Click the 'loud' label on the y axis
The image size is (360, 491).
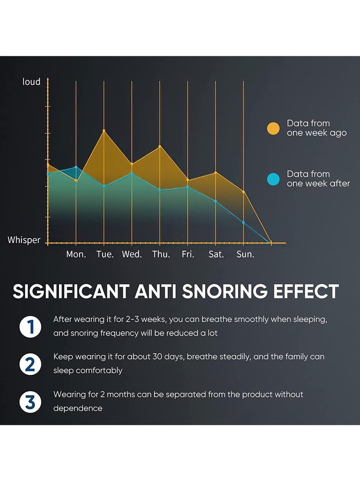(31, 81)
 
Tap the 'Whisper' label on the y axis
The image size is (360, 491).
(24, 240)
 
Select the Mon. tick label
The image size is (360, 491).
(76, 254)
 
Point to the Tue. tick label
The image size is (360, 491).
(105, 254)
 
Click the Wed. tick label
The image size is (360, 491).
(132, 254)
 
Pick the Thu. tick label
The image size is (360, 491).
(161, 254)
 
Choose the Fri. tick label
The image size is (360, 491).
(188, 254)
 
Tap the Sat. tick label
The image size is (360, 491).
(216, 254)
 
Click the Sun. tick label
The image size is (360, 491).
(245, 254)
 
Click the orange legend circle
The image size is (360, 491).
(273, 128)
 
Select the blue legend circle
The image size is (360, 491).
(273, 179)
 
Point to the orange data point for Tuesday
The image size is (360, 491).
(104, 131)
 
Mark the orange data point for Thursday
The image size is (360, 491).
(160, 146)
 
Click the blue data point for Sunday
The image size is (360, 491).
(243, 222)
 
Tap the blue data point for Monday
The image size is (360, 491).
(76, 167)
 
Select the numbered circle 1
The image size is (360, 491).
(30, 326)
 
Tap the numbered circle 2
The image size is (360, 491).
(30, 364)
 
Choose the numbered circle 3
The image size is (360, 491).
(30, 401)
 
